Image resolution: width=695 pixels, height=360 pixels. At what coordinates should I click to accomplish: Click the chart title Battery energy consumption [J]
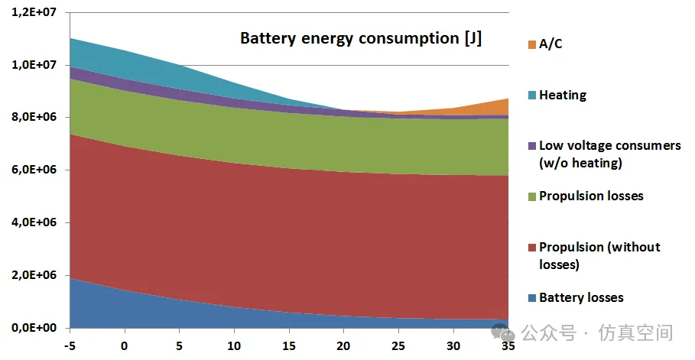click(x=361, y=38)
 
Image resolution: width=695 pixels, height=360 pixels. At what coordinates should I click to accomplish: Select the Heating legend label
click(x=563, y=96)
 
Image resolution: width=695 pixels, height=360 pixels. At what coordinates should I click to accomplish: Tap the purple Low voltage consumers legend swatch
click(x=529, y=145)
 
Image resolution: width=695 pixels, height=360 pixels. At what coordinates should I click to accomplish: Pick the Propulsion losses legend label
click(x=591, y=196)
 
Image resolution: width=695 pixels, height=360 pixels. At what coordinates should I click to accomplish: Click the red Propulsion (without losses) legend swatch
click(x=529, y=247)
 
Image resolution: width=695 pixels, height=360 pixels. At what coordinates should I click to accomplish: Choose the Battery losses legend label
click(x=581, y=297)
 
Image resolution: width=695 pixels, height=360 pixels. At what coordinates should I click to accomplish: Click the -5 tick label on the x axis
click(x=70, y=345)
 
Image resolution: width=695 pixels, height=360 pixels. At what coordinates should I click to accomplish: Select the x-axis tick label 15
click(x=289, y=345)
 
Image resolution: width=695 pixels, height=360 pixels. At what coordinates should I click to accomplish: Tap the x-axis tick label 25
click(x=398, y=345)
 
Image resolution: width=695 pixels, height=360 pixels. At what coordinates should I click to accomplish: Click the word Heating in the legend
click(x=563, y=96)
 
